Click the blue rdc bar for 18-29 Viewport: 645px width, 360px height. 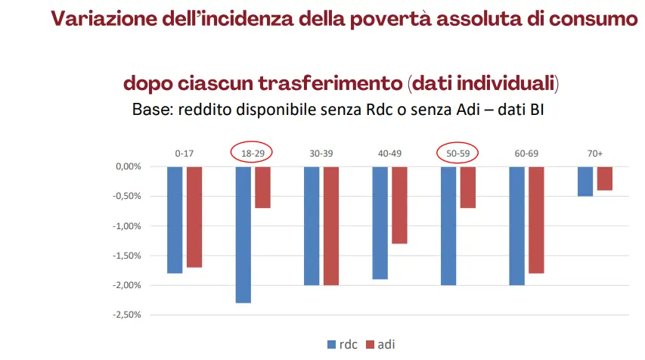click(243, 234)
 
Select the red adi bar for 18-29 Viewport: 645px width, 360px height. click(262, 187)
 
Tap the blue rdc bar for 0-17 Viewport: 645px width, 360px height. click(175, 219)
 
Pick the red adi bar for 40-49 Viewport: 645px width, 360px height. click(399, 205)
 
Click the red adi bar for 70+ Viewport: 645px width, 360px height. click(604, 178)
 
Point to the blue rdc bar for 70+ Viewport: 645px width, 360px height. click(585, 182)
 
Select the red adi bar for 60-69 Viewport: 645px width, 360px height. click(536, 219)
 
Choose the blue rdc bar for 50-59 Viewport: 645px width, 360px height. click(448, 225)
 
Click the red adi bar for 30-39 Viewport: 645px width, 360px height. click(331, 225)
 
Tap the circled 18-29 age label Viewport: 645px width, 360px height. click(252, 154)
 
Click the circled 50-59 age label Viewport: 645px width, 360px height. click(457, 154)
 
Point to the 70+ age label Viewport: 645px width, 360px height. click(594, 154)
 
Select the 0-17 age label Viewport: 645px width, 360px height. click(185, 154)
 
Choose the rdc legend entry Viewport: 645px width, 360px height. click(343, 344)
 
